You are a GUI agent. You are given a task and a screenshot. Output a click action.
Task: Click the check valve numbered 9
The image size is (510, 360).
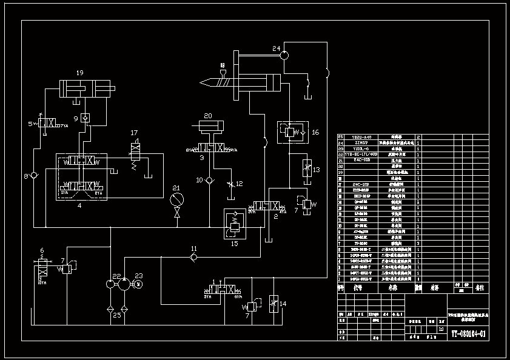pyautogui.click(x=85, y=118)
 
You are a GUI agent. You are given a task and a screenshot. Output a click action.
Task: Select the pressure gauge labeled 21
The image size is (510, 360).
pyautogui.click(x=176, y=199)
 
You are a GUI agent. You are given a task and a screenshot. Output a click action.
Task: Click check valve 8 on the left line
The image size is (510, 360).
pyautogui.click(x=34, y=175)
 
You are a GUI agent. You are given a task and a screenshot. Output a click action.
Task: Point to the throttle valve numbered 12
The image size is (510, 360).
pyautogui.click(x=230, y=183)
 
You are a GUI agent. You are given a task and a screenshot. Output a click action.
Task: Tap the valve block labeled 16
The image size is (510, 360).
pyautogui.click(x=293, y=132)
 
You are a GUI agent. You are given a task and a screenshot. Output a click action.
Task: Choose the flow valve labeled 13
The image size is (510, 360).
pyautogui.click(x=307, y=168)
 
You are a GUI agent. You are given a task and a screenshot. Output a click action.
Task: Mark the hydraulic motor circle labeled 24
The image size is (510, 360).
pyautogui.click(x=284, y=55)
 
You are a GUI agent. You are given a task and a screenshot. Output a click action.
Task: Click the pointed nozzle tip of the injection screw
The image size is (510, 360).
pyautogui.click(x=201, y=82)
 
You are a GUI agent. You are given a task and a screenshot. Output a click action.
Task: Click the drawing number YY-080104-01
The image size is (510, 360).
pyautogui.click(x=468, y=333)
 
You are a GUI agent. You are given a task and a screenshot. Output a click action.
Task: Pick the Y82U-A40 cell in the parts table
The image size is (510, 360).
pyautogui.click(x=357, y=138)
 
